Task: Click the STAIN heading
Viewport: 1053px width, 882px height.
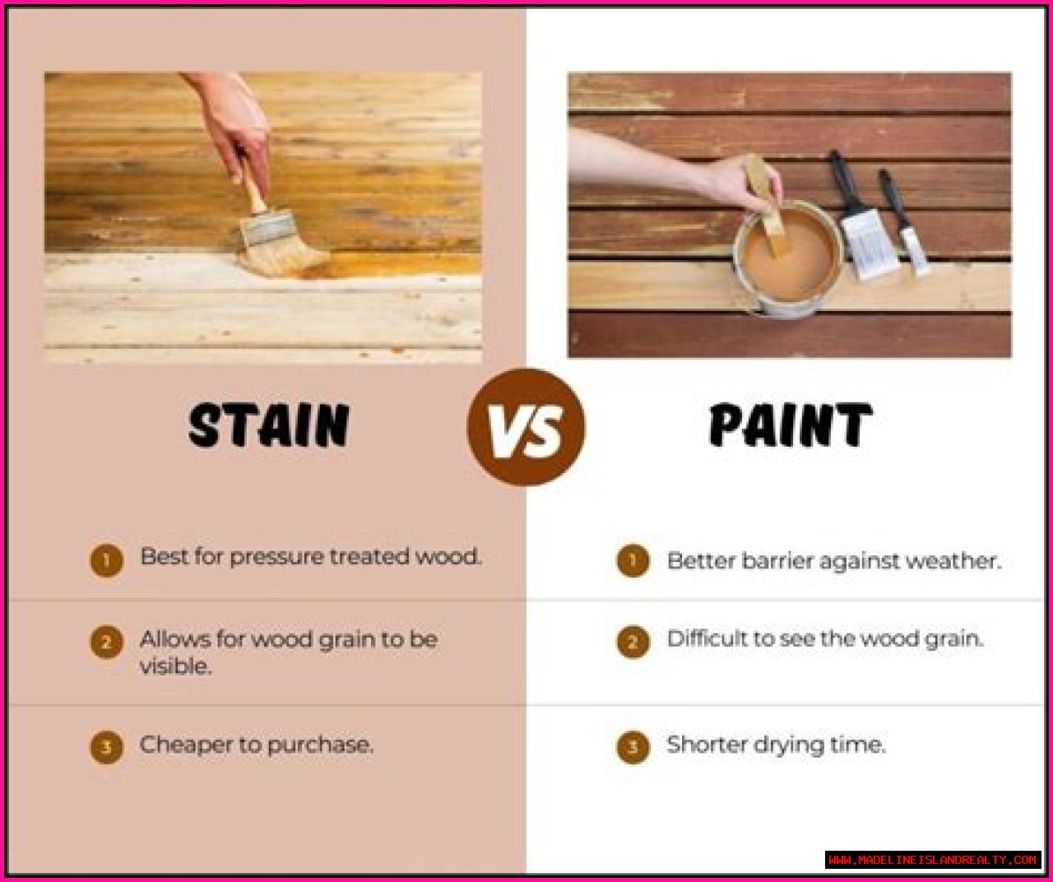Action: pyautogui.click(x=269, y=425)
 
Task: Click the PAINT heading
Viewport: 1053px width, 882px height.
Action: pyautogui.click(x=791, y=425)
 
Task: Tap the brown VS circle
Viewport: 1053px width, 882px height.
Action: pyautogui.click(x=526, y=427)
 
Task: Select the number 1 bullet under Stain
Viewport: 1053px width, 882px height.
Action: pyautogui.click(x=106, y=560)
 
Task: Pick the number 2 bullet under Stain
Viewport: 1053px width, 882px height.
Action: pyautogui.click(x=106, y=643)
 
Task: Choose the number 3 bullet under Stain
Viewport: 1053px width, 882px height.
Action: pyautogui.click(x=106, y=747)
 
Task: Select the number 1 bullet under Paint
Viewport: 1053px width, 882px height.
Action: pyautogui.click(x=633, y=560)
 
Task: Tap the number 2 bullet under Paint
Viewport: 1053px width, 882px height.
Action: pyautogui.click(x=633, y=642)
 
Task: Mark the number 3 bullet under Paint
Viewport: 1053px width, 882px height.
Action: pyautogui.click(x=633, y=747)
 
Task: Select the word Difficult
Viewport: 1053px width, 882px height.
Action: pyautogui.click(x=707, y=639)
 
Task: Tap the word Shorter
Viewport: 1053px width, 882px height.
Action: pyautogui.click(x=706, y=745)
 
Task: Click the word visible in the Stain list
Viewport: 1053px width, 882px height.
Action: pyautogui.click(x=175, y=666)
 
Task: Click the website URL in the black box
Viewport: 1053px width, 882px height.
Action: pyautogui.click(x=932, y=859)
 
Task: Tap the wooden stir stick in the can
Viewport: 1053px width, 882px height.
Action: pyautogui.click(x=764, y=202)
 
